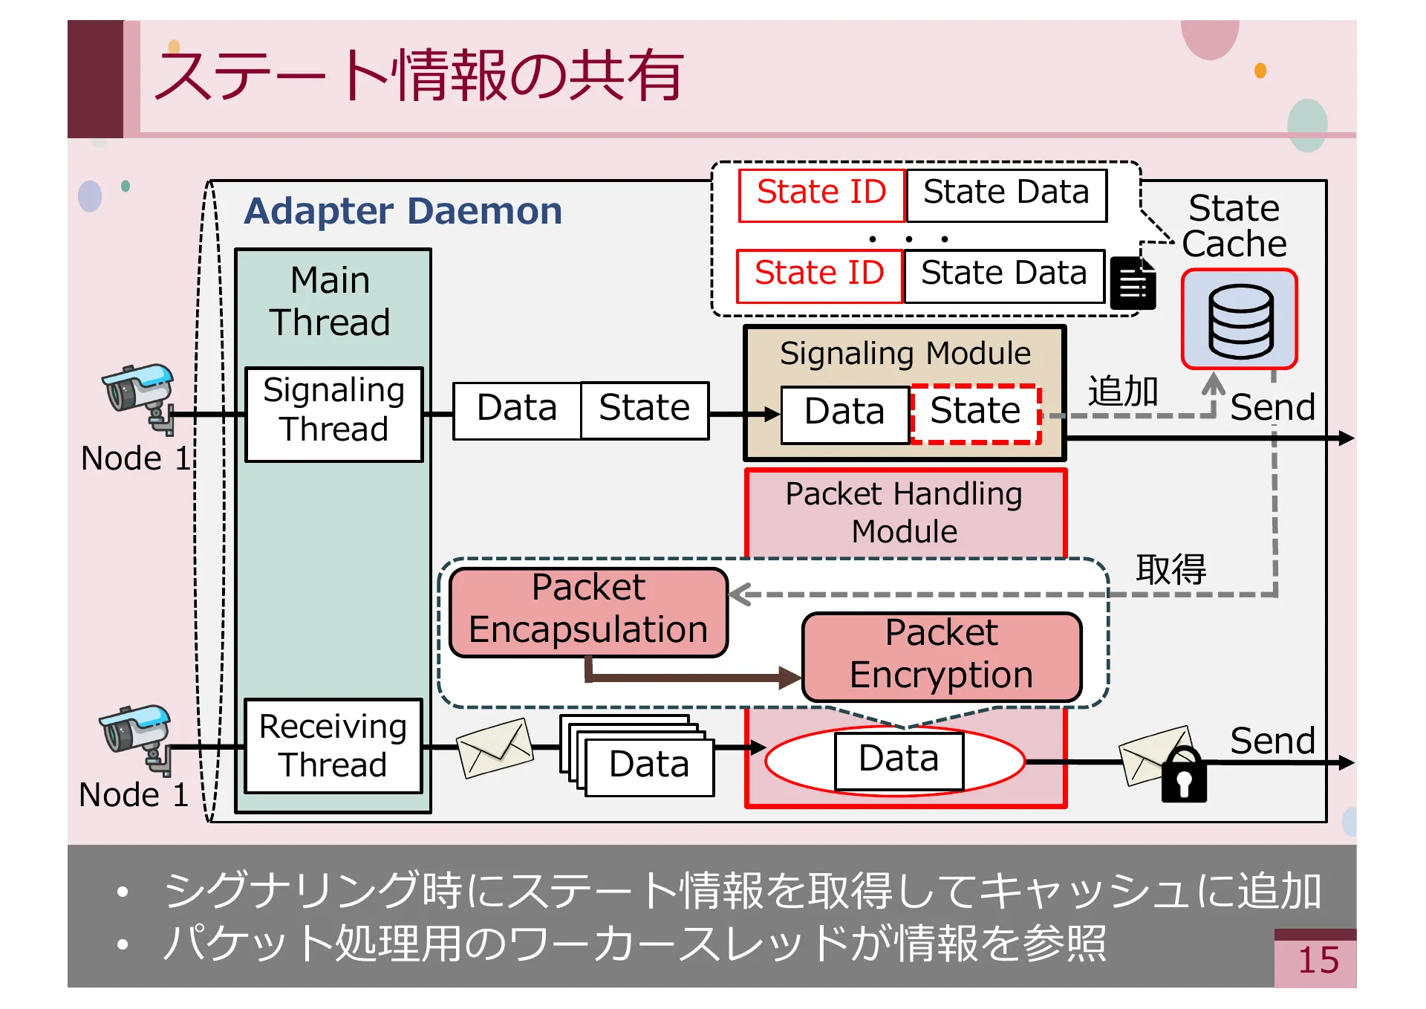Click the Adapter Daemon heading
(x=403, y=211)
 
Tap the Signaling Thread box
(x=333, y=414)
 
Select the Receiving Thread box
(x=333, y=746)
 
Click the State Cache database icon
(x=1239, y=320)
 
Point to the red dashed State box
(x=975, y=413)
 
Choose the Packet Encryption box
(x=941, y=656)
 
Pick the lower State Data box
(x=1004, y=276)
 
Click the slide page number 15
(x=1318, y=960)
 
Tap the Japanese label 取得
(x=1171, y=569)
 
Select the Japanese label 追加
(x=1122, y=392)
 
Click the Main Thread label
(x=331, y=301)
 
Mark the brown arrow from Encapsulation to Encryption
(x=691, y=676)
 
